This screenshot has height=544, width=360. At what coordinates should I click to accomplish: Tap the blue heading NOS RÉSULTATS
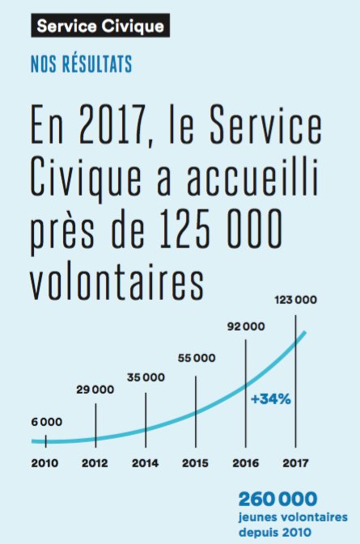[x=79, y=62]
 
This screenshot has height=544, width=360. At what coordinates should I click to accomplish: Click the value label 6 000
[x=46, y=421]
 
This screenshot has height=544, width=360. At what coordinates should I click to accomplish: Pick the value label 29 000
[x=95, y=390]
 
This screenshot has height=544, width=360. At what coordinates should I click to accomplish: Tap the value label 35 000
[x=146, y=377]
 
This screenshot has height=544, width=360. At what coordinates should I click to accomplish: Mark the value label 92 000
[x=246, y=327]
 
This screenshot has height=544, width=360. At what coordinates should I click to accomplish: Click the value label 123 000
[x=295, y=300]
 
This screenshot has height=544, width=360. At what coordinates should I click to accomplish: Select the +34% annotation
[x=270, y=399]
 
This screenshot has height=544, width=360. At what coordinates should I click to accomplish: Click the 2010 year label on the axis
[x=46, y=463]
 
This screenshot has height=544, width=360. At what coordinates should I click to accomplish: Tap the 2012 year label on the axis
[x=96, y=463]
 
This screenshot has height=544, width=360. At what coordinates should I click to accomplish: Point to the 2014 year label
[x=146, y=463]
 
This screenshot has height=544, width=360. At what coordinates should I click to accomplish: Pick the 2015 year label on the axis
[x=196, y=463]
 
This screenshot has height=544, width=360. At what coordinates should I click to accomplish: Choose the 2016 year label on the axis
[x=246, y=463]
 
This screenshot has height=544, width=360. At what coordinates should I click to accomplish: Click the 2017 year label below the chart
[x=295, y=463]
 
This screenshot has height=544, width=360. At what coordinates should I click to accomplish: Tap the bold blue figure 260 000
[x=277, y=499]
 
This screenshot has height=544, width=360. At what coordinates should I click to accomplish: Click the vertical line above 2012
[x=96, y=420]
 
